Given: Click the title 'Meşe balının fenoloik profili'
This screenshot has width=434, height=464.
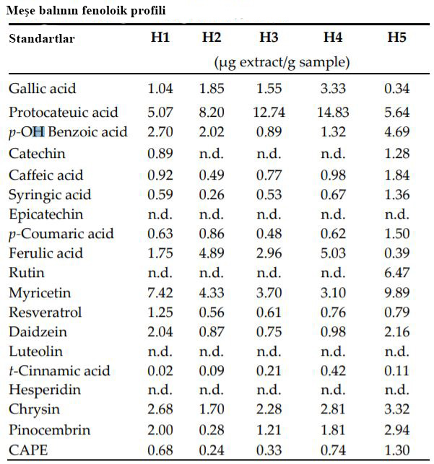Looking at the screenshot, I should (85, 11).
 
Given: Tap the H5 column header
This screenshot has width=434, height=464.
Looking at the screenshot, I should (396, 38).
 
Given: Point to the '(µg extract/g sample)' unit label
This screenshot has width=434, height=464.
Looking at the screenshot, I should (282, 62).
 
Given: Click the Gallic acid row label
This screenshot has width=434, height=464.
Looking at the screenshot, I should (43, 89).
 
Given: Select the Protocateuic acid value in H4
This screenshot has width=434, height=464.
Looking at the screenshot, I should (333, 113).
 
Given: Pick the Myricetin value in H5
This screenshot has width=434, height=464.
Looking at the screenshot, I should (396, 292).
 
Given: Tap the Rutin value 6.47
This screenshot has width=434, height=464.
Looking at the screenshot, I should (396, 273).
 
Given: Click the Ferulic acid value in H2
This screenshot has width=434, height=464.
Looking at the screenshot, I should (212, 253).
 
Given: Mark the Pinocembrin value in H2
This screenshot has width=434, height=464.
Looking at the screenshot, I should (212, 431).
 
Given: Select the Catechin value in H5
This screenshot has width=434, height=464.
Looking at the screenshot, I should (396, 154).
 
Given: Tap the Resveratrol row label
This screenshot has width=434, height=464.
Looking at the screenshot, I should (45, 312).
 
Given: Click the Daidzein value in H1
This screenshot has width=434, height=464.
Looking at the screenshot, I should (160, 332).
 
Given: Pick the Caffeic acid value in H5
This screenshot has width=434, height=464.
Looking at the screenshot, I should (396, 175).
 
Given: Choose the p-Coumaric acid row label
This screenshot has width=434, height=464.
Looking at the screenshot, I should (61, 234).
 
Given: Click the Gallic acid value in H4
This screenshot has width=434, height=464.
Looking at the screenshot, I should (333, 89).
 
